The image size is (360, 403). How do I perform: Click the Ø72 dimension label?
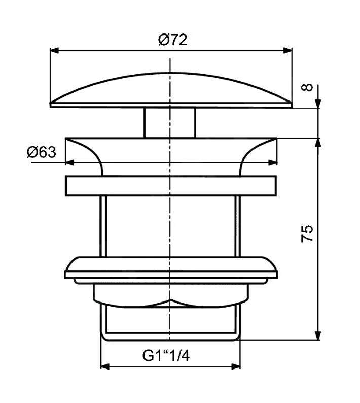(x=172, y=39)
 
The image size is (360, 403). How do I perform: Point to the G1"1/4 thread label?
(x=166, y=356)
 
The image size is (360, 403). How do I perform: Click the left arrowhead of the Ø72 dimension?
(x=55, y=50)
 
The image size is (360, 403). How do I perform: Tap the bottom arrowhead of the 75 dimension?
(x=318, y=334)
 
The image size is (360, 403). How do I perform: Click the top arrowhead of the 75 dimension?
(x=318, y=144)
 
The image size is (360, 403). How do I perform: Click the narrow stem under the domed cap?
(x=170, y=122)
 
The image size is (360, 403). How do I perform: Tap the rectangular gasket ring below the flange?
(x=171, y=186)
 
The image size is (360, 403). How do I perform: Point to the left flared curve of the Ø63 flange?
(x=86, y=152)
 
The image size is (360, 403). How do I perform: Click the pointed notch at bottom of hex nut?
(x=171, y=300)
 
